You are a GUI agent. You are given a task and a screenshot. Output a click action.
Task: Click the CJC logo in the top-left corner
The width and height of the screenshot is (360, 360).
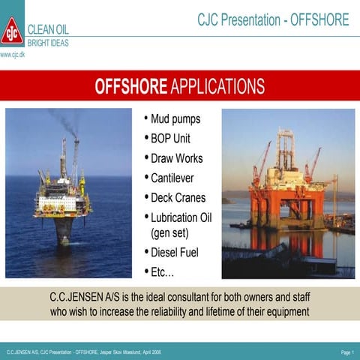pyautogui.click(x=11, y=31)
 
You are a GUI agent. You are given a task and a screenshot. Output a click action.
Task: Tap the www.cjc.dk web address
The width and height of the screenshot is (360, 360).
pyautogui.click(x=12, y=55)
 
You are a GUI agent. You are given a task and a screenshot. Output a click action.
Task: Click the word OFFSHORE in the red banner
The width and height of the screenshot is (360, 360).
pyautogui.click(x=130, y=86)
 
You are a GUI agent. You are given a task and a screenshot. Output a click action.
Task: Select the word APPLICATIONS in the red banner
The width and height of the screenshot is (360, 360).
pyautogui.click(x=217, y=86)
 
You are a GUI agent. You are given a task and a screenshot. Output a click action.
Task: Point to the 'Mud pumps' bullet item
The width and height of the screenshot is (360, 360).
pyautogui.click(x=175, y=119)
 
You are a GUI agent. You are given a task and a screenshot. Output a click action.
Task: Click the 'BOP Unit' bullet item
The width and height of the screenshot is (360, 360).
pyautogui.click(x=171, y=139)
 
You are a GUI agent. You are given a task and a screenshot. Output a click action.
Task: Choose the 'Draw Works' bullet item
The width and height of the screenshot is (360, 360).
pyautogui.click(x=176, y=158)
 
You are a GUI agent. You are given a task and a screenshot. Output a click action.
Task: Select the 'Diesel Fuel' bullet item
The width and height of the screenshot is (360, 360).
pyautogui.click(x=175, y=252)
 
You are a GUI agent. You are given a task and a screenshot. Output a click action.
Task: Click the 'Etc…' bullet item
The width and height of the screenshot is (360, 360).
pyautogui.click(x=163, y=271)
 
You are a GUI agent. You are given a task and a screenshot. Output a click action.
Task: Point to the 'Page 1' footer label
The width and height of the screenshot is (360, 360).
pyautogui.click(x=346, y=352)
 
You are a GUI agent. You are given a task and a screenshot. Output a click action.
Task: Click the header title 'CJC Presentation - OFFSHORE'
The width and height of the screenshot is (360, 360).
pyautogui.click(x=273, y=19)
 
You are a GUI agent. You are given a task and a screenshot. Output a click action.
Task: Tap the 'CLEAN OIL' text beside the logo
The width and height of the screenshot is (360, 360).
pyautogui.click(x=48, y=30)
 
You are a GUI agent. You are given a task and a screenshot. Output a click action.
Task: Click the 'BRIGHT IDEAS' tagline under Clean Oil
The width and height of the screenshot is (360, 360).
pyautogui.click(x=48, y=43)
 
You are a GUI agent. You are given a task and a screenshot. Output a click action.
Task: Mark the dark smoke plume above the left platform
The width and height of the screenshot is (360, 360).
pyautogui.click(x=64, y=120)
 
